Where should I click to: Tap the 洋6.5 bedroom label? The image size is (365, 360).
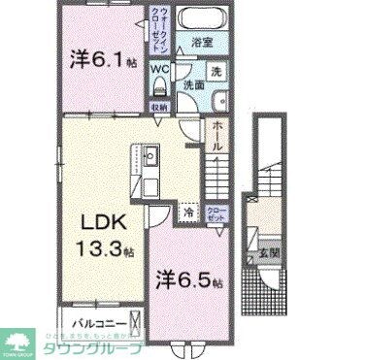190,282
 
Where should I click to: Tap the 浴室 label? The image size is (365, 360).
201,44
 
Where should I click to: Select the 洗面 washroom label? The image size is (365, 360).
195,85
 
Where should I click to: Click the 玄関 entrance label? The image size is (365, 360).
267,255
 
